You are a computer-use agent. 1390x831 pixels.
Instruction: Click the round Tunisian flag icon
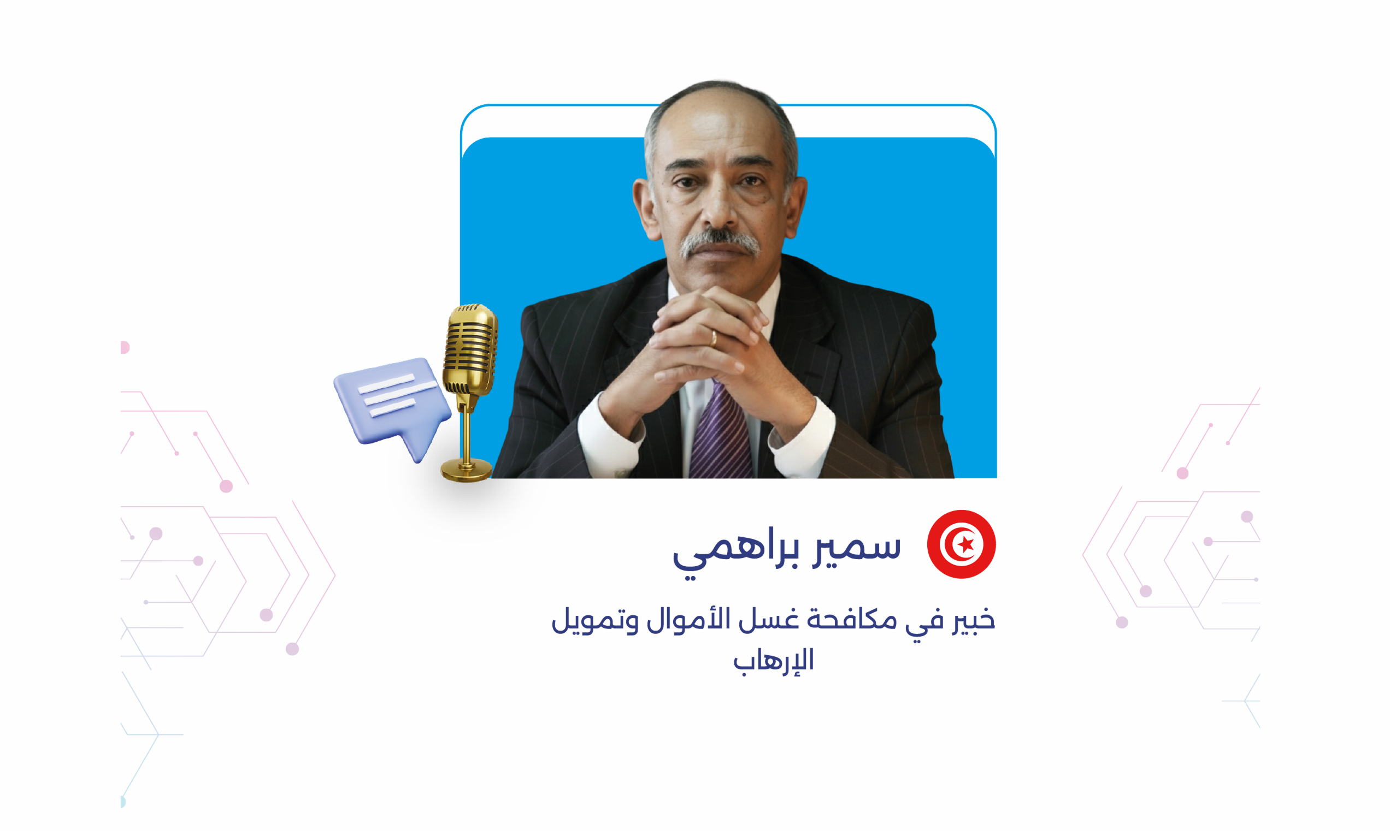[961, 544]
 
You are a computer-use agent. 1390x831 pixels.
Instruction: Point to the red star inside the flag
[966, 544]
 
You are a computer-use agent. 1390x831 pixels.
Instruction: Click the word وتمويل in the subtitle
[594, 621]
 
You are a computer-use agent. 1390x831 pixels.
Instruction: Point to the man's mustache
[720, 243]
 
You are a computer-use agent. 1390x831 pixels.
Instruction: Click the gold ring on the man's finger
[714, 337]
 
